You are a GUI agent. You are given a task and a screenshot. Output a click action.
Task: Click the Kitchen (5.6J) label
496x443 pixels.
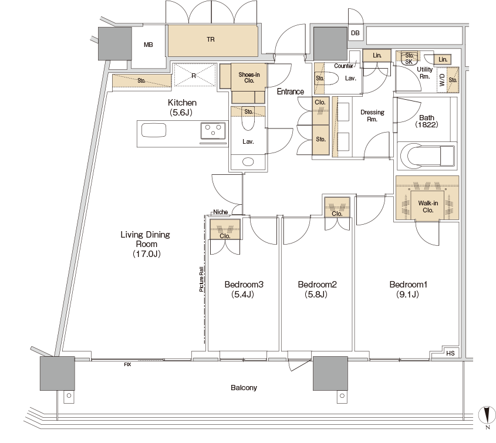point(182,107)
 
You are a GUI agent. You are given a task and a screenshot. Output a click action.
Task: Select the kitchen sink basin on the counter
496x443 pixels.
point(154,130)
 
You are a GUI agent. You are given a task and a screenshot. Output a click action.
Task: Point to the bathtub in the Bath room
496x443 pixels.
point(427,155)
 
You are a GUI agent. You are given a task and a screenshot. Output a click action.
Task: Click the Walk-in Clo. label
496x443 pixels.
point(428,207)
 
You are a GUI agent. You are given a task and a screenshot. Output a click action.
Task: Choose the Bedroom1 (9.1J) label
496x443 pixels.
point(408,289)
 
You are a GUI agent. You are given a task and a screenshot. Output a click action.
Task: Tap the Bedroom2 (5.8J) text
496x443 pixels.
point(317,289)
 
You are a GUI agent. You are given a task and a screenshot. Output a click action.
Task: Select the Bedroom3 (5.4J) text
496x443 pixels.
point(244,289)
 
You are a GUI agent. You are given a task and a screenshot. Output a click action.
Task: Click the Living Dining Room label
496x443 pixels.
point(146,244)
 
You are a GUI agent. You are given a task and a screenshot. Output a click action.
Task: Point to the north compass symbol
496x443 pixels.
point(487,415)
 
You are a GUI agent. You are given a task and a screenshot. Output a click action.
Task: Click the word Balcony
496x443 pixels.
point(244,388)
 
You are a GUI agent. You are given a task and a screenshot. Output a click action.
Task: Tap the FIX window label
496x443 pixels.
point(127,364)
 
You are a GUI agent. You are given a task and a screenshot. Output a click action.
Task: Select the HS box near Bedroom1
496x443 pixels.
point(450,353)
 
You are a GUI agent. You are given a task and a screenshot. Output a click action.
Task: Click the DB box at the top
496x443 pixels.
point(355,33)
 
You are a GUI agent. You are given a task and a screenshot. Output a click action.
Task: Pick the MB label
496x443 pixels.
point(149,45)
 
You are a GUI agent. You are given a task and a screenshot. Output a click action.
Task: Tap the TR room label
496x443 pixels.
point(211,39)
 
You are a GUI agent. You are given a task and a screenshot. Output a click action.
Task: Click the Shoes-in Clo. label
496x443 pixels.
point(249,77)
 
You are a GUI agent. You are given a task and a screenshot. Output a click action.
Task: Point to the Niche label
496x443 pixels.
point(221,212)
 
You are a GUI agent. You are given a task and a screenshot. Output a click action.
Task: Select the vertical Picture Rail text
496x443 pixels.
point(201,279)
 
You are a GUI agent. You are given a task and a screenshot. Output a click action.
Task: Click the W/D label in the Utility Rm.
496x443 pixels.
point(442,80)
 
